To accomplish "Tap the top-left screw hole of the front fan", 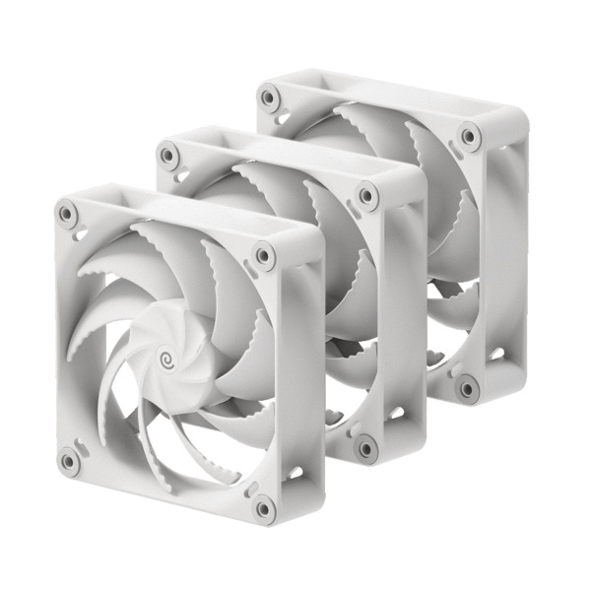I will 66,211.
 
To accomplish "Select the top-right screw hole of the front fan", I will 263,255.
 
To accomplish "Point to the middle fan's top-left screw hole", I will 168,154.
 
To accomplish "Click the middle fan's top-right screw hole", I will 367,195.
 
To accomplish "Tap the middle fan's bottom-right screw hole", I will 366,448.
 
